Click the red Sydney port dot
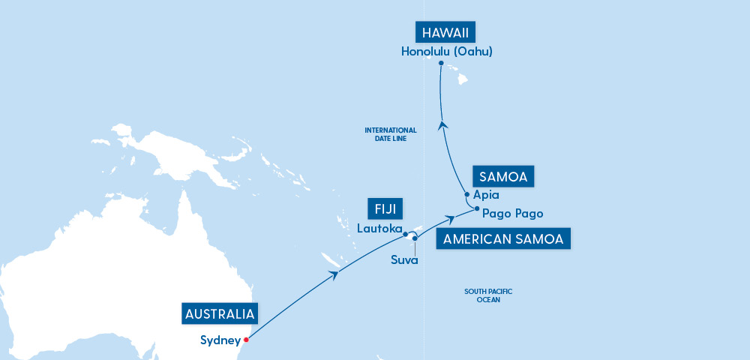click(x=246, y=338)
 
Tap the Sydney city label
click(x=220, y=340)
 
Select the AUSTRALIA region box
click(x=220, y=313)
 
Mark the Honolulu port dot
click(x=441, y=63)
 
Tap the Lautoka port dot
click(x=406, y=234)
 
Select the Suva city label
click(x=404, y=260)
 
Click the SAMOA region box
click(x=503, y=177)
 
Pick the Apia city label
click(x=487, y=195)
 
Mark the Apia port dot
click(x=467, y=195)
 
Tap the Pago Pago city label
click(x=513, y=213)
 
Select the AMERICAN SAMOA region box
click(x=504, y=239)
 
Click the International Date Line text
click(x=390, y=134)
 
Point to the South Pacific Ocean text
click(x=487, y=295)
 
